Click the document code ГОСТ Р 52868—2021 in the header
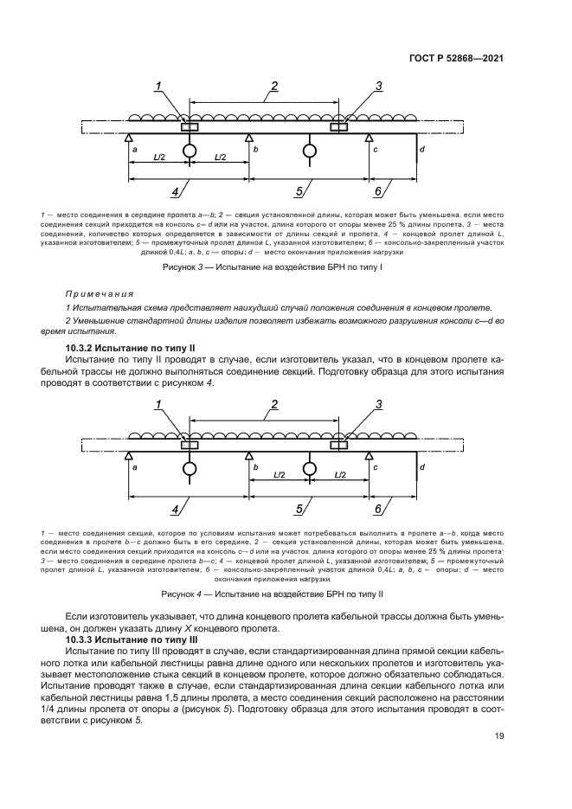pos(456,58)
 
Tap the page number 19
pos(499,736)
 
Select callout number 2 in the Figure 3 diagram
pos(273,86)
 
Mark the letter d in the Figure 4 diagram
pos(421,467)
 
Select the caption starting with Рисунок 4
pos(273,594)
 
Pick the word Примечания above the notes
pos(97,293)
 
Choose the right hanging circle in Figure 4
pos(309,468)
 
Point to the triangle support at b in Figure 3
pos(249,138)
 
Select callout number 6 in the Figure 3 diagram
pos(378,191)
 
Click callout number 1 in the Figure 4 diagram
pos(159,404)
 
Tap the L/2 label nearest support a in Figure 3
pos(158,157)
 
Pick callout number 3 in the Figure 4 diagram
pos(378,404)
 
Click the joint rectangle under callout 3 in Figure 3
pos(339,127)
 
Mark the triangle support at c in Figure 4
pos(370,455)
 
